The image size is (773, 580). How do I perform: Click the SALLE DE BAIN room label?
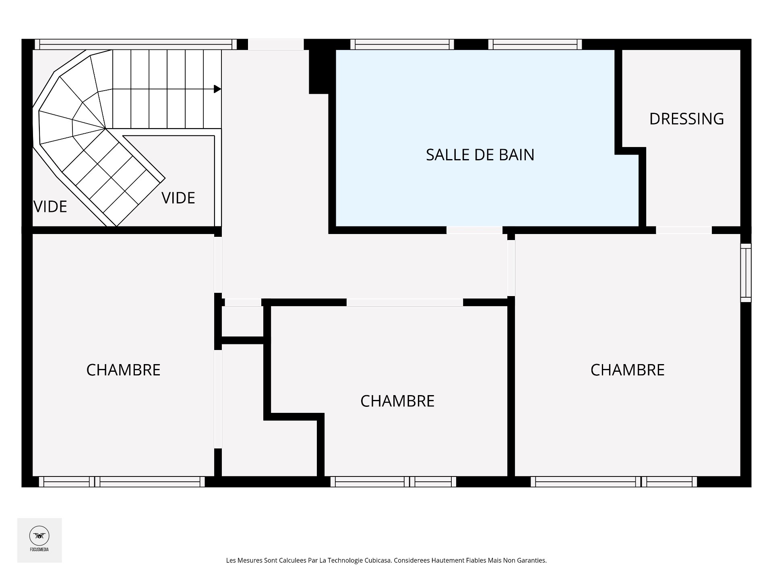pos(480,155)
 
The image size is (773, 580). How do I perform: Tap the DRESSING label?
pos(686,119)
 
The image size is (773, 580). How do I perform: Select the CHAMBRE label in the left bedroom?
pos(123,370)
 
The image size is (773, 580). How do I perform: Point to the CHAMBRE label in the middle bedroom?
pos(397,401)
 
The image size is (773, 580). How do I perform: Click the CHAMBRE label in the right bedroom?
pos(627,370)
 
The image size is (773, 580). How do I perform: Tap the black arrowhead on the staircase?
pos(217,89)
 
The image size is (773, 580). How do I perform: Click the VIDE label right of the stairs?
pos(178,198)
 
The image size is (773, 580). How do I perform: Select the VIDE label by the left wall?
pos(50,207)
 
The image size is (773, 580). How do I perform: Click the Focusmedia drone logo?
pos(39,536)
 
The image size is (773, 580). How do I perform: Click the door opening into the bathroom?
pos(474,230)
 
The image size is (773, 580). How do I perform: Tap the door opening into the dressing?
pos(684,230)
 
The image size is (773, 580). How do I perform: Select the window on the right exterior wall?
pos(746,273)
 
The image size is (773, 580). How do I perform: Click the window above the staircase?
pos(136,44)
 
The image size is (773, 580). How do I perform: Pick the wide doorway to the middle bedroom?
pos(405,302)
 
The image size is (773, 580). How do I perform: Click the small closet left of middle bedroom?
pos(243,321)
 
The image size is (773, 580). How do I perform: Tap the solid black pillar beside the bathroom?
pos(322,72)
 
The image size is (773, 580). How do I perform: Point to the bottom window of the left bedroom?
pos(122,482)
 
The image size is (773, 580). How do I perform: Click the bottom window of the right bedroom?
pos(614,482)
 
